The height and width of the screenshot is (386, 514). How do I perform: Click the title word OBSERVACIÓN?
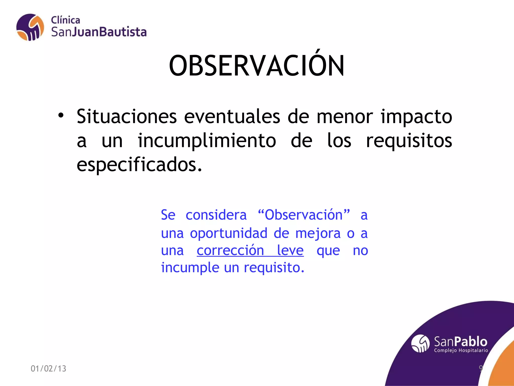(256, 66)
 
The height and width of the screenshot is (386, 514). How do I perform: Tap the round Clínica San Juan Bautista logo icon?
(30, 27)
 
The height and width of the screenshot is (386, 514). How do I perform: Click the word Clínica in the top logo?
(66, 20)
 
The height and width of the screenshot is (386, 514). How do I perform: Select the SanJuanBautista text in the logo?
(99, 32)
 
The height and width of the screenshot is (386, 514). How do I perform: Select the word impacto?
(416, 117)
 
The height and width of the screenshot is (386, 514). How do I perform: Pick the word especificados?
(139, 165)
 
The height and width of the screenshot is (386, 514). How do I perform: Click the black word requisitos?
(409, 141)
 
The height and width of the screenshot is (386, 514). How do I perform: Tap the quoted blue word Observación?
(304, 215)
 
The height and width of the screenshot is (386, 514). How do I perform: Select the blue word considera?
(216, 215)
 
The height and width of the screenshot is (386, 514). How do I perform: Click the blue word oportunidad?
(228, 233)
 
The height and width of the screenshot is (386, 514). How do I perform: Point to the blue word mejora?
(318, 233)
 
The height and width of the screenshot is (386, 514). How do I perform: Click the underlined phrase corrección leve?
(250, 250)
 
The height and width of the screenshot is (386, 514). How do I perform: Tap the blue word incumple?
(190, 268)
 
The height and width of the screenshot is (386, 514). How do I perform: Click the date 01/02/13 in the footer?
(48, 368)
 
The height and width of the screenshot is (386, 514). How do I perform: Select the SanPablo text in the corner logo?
(461, 342)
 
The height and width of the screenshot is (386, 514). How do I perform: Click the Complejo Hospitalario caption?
(461, 350)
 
